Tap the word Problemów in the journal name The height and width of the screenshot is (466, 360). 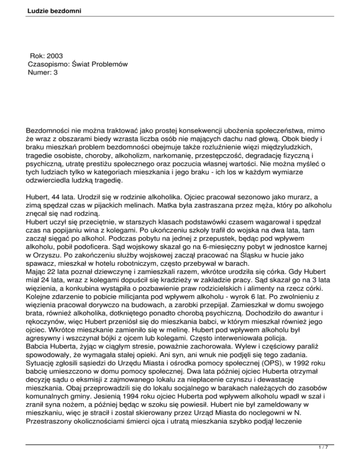tap(109, 64)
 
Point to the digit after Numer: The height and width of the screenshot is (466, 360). tap(55, 73)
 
